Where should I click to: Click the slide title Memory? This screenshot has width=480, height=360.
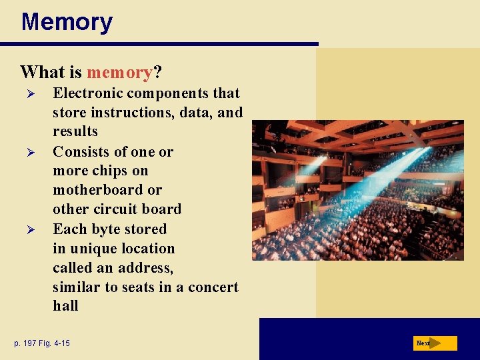[x=67, y=22]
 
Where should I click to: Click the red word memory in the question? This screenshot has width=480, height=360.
[x=119, y=71]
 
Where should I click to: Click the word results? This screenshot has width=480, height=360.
[x=75, y=131]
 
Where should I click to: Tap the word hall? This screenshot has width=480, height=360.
[x=65, y=306]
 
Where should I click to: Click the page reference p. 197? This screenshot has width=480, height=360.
[x=27, y=343]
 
